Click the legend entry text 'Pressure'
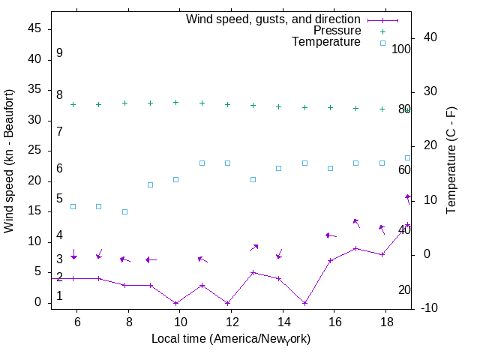click(337, 31)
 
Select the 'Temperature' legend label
click(326, 42)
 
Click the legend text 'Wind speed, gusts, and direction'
click(273, 19)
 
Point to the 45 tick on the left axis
click(37, 28)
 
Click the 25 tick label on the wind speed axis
click(37, 150)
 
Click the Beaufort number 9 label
click(59, 53)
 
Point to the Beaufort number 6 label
click(59, 169)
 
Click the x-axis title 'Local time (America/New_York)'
click(231, 339)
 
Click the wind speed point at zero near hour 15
click(304, 303)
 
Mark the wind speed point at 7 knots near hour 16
click(330, 260)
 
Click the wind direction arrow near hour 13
click(254, 247)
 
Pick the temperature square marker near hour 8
click(125, 211)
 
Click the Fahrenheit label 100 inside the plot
click(401, 49)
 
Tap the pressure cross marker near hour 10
click(176, 102)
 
